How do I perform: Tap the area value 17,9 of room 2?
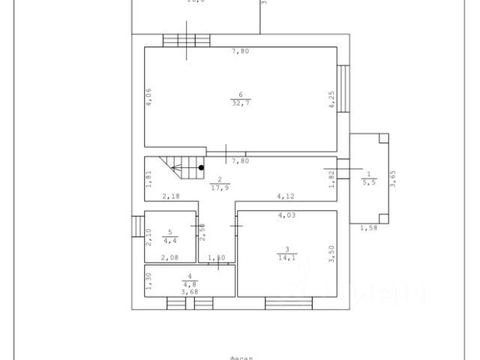point(220,187)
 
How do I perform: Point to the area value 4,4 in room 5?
point(170,241)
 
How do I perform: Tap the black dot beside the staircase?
point(200,168)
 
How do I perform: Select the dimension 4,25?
point(331,100)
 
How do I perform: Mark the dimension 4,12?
point(285,196)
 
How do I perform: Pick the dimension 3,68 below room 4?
point(190,292)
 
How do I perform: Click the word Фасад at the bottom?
point(240,356)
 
